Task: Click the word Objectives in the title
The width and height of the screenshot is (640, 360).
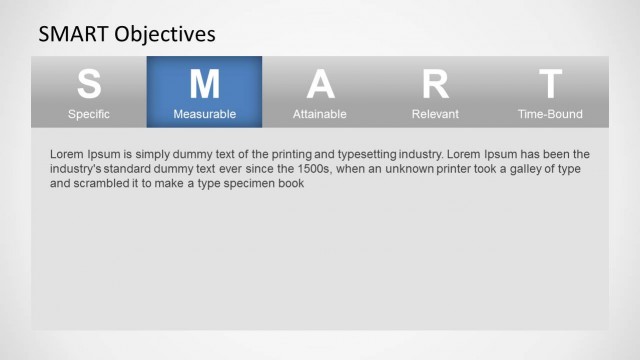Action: click(165, 34)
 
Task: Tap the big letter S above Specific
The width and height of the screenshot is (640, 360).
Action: click(89, 84)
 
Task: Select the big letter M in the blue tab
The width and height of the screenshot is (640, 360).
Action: click(204, 84)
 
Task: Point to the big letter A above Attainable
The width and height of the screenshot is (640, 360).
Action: click(320, 84)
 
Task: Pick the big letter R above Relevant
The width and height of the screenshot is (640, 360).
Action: click(435, 84)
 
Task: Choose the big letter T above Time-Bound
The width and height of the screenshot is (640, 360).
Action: click(550, 84)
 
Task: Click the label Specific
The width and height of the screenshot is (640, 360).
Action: click(89, 114)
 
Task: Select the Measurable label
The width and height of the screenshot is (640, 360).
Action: click(204, 114)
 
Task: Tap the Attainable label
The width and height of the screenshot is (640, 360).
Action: click(320, 114)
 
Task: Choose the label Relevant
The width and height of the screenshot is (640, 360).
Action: click(435, 114)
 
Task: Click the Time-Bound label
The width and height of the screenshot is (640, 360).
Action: click(550, 114)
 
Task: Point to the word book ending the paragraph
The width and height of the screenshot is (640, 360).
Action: click(290, 184)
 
